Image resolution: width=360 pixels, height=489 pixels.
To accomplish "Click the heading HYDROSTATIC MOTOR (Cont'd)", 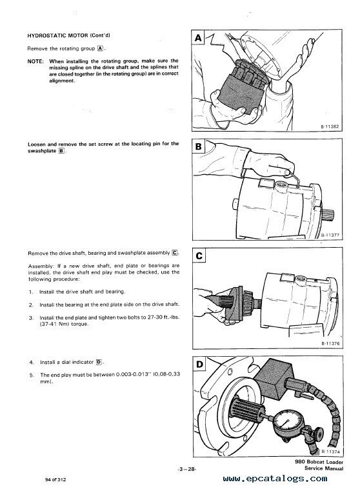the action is (68, 35).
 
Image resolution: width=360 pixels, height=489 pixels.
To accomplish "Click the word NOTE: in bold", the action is (35, 61).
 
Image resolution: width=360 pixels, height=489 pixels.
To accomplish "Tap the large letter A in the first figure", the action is (198, 38).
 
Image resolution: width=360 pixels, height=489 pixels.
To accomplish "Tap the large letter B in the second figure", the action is (199, 146).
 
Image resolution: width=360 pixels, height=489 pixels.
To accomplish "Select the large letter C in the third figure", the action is (199, 255).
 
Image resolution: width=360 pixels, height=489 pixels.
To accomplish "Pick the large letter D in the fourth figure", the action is (199, 364).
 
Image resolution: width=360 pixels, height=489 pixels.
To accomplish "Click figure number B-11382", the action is (330, 126).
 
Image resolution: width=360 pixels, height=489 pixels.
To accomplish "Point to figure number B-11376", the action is (330, 343).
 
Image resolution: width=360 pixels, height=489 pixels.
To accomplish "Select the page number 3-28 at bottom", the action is (186, 469).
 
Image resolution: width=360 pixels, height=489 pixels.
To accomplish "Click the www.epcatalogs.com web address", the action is (275, 479).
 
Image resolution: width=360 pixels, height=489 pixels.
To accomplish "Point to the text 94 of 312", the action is (55, 479).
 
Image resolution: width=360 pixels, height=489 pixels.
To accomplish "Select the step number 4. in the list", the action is (32, 362).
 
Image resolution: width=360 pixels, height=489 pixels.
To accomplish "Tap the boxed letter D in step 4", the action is (99, 362).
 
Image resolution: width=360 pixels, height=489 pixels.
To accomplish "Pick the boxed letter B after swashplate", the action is (61, 151).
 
